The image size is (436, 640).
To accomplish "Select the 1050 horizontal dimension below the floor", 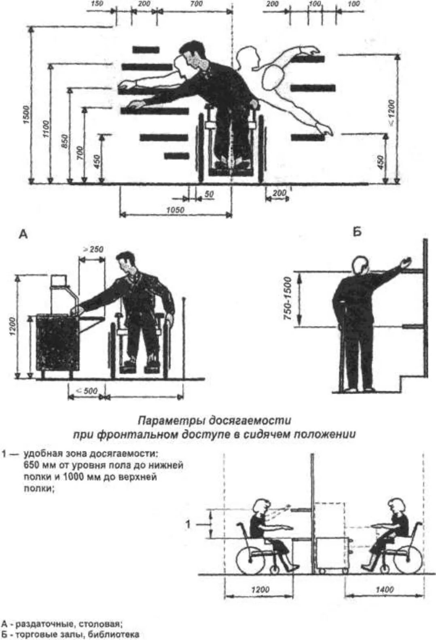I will tap(175, 210).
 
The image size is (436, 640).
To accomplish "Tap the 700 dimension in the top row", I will tap(196, 4).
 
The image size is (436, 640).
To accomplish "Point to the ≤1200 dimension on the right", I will tap(391, 113).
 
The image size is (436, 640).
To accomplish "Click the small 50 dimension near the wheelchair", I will tap(209, 195).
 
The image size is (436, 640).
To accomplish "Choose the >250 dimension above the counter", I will tap(93, 250).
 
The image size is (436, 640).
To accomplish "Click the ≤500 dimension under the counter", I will tap(87, 390).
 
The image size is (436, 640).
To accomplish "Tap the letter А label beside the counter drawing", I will tap(23, 234).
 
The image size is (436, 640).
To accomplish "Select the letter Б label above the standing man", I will tap(357, 232).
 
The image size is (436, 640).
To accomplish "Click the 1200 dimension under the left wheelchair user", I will tap(260, 589).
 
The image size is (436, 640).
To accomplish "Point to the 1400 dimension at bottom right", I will tap(384, 589).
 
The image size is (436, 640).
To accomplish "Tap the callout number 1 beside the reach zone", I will tap(188, 524).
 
